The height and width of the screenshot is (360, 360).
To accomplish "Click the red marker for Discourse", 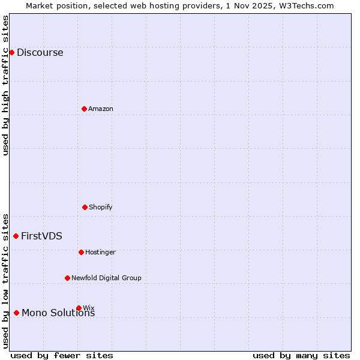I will click(x=11, y=52).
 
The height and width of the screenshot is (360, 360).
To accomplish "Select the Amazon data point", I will click(x=84, y=109).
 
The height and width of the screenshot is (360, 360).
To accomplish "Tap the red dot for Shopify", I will click(x=85, y=207).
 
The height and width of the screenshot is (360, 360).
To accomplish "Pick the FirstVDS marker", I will click(x=16, y=236).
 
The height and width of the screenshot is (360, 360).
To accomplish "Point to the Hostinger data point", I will click(x=81, y=252).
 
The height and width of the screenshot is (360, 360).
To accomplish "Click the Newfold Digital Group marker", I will click(x=67, y=278).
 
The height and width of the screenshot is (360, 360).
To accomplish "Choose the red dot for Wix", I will click(x=79, y=308).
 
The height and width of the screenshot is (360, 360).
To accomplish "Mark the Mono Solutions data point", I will click(x=16, y=313).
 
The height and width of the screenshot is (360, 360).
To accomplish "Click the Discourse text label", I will click(x=40, y=52).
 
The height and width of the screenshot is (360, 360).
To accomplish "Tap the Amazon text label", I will click(x=101, y=109).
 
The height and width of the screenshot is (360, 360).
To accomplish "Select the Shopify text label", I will click(x=101, y=207).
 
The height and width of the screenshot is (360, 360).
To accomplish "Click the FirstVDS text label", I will click(x=41, y=236).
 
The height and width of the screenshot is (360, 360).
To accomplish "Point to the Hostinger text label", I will click(x=100, y=252).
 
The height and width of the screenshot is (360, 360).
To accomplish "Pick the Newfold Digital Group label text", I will click(x=106, y=278).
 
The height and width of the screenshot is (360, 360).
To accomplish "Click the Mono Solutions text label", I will click(x=58, y=313).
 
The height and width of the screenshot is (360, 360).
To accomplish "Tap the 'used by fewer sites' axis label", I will click(x=62, y=355).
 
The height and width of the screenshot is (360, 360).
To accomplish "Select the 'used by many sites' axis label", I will click(x=301, y=355).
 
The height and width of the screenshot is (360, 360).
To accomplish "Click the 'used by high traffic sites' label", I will click(x=5, y=85).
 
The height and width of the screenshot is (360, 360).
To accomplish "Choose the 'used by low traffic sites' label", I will click(x=5, y=281).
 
